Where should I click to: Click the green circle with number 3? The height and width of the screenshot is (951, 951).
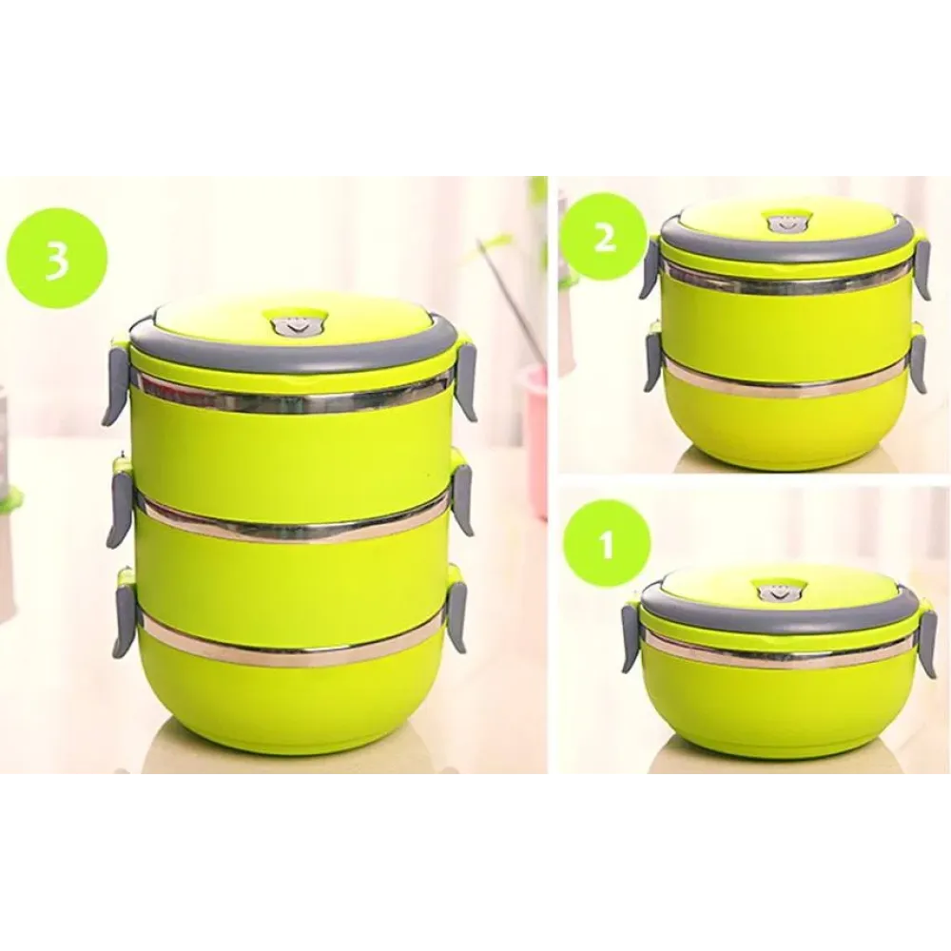[58, 262]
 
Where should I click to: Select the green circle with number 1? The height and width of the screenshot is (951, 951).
[607, 543]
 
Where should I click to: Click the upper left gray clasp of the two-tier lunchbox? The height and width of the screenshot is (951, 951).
[649, 269]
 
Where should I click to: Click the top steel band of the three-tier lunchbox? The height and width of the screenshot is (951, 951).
[295, 395]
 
